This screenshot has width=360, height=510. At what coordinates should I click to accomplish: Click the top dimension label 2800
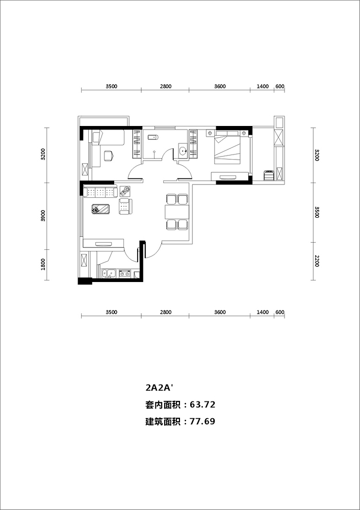[x=166, y=87]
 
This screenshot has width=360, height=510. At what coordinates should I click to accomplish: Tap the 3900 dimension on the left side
[x=43, y=216]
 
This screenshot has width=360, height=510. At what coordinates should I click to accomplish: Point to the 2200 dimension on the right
[x=317, y=261]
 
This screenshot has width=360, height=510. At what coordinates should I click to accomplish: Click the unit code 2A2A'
[x=159, y=388]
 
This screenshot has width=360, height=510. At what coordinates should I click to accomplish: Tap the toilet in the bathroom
[x=152, y=138]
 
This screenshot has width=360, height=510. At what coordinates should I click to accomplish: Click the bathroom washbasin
[x=183, y=151]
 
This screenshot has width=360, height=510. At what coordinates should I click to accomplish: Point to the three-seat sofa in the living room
[x=100, y=191]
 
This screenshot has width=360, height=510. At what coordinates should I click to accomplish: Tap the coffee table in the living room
[x=101, y=209]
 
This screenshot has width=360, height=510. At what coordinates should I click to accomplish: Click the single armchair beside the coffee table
[x=125, y=207]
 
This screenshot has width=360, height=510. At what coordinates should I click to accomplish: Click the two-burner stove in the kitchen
[x=124, y=274]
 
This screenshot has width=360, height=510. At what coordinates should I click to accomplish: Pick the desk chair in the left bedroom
[x=109, y=156]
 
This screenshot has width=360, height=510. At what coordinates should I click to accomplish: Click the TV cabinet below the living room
[x=104, y=244]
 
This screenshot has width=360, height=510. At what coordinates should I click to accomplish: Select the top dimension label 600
[x=279, y=87]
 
